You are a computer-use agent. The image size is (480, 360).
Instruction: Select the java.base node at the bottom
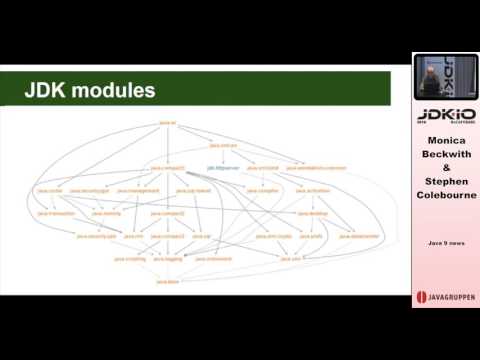pos(168,283)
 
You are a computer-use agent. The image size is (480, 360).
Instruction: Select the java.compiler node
pos(262,188)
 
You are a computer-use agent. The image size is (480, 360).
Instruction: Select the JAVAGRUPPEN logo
pos(445,298)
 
